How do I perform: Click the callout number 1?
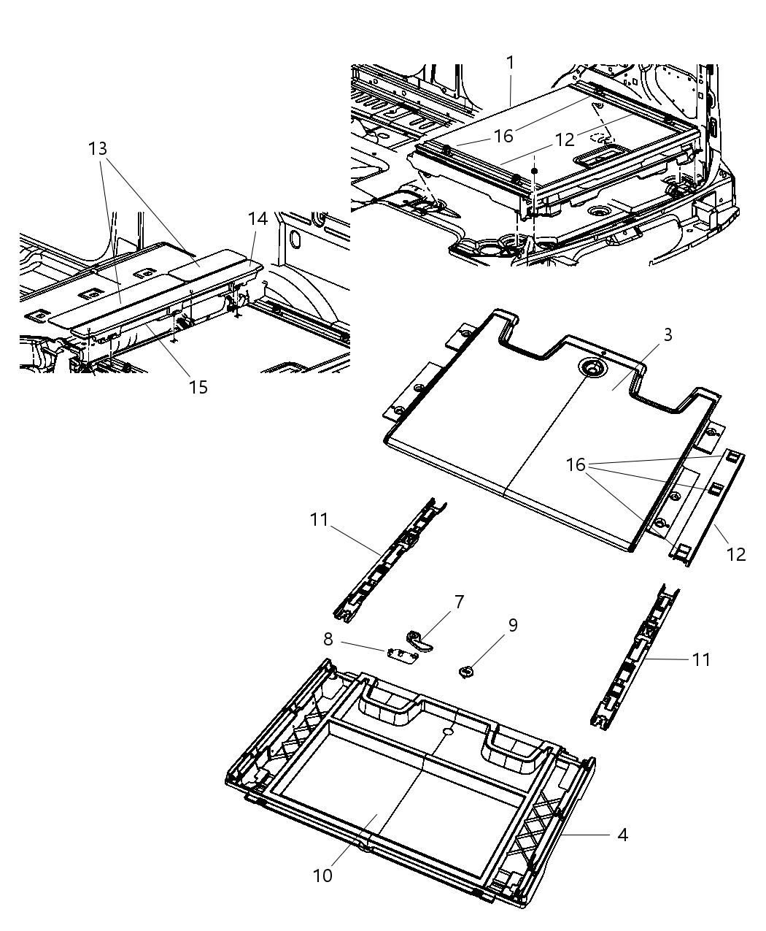click(511, 63)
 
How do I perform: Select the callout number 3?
click(668, 335)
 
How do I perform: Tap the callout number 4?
click(622, 835)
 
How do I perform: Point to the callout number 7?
click(459, 602)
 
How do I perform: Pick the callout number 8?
click(328, 640)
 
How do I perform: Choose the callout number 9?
click(513, 625)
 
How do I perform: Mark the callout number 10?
click(322, 875)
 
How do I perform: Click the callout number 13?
click(98, 149)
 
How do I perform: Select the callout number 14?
click(258, 218)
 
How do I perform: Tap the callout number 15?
click(198, 387)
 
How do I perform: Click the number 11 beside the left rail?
click(319, 521)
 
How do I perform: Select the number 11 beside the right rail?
click(700, 659)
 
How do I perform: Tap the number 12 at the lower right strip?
click(736, 554)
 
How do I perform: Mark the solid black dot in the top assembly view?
click(534, 170)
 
